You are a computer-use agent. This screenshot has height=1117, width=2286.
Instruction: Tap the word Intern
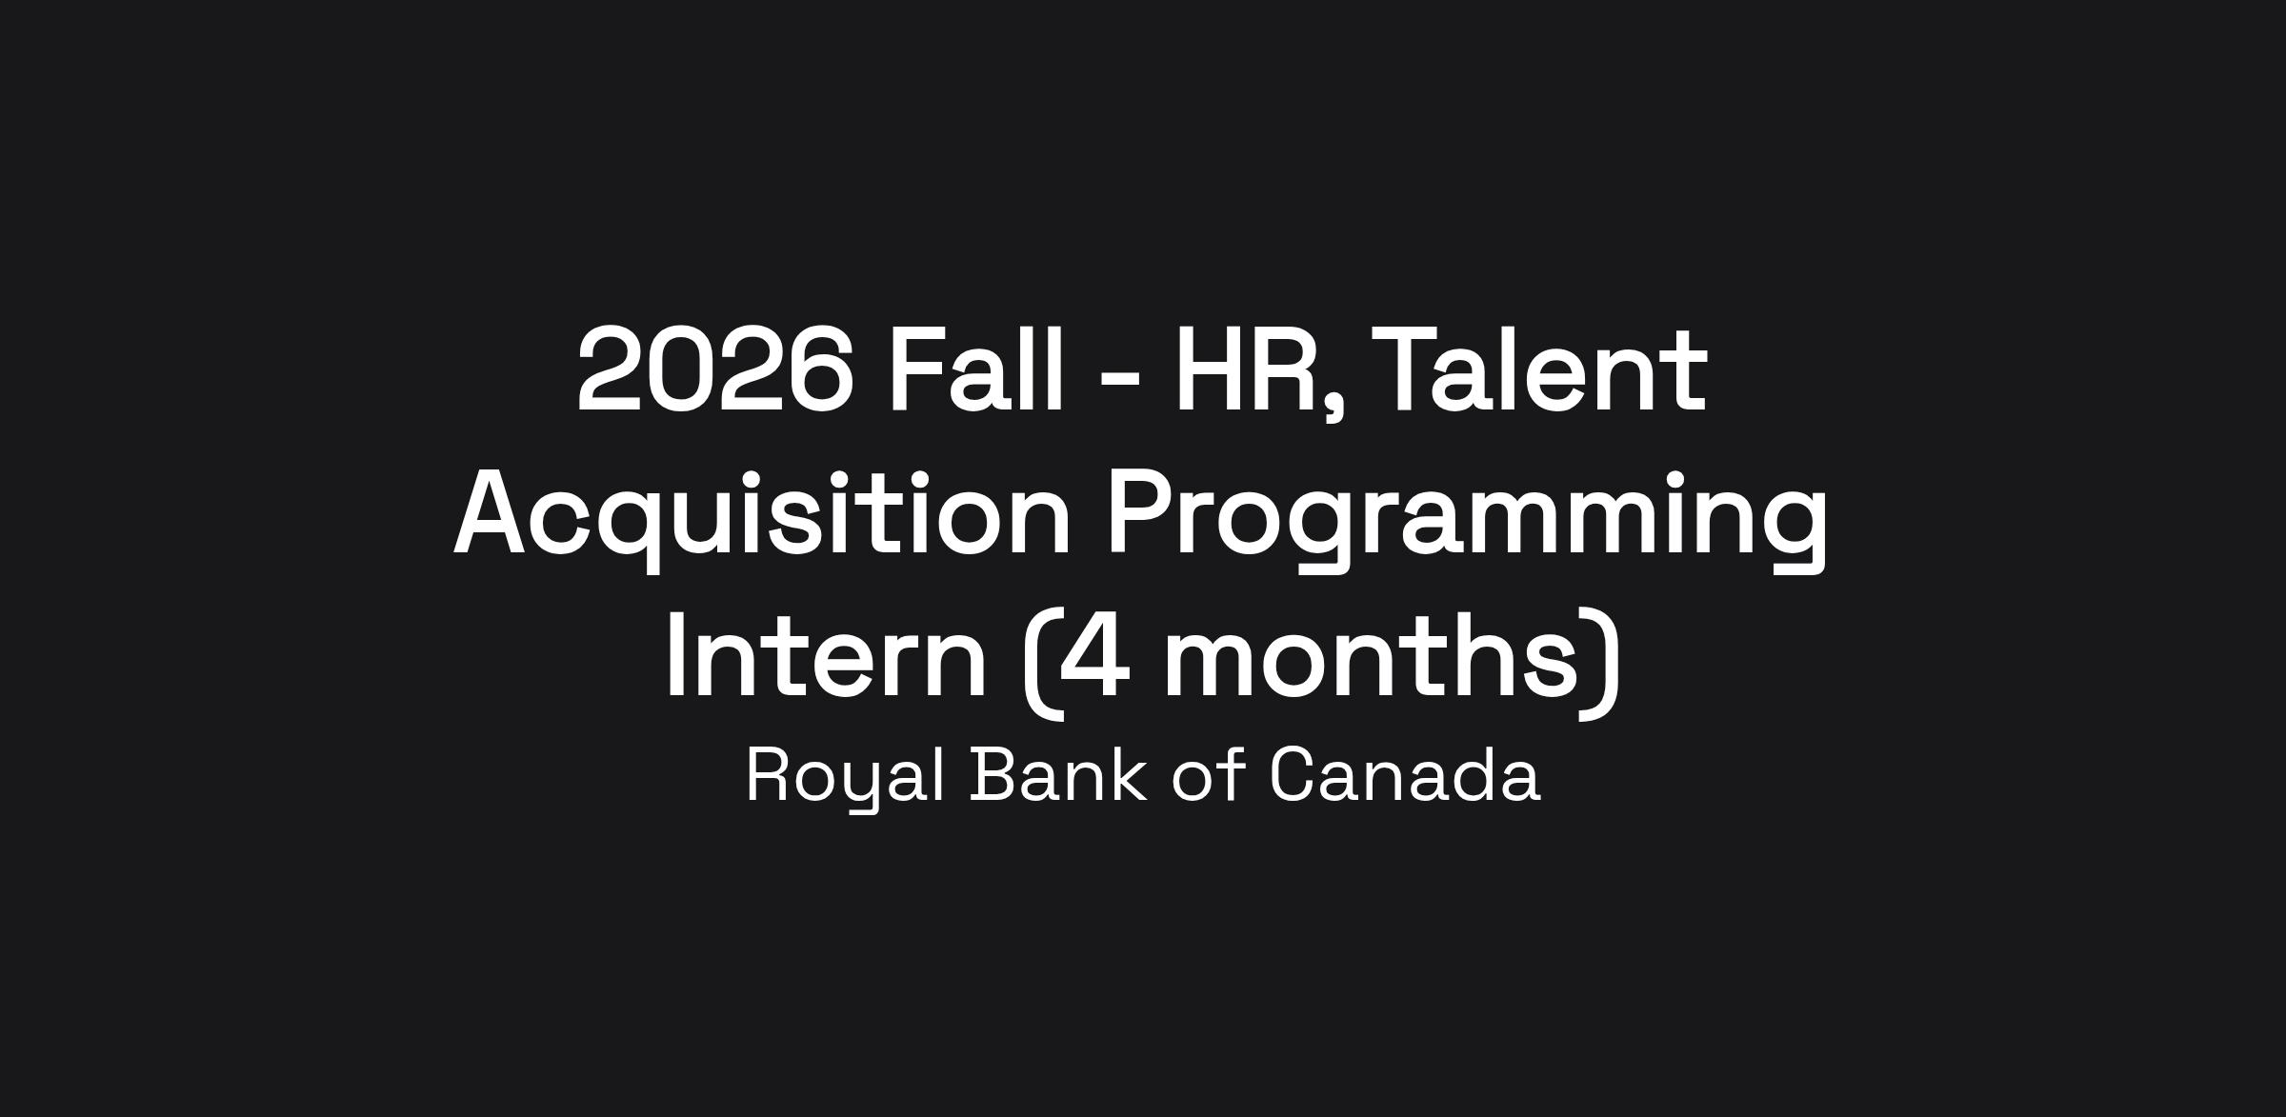826,657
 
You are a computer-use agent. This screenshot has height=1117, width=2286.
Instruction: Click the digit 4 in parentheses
1093,657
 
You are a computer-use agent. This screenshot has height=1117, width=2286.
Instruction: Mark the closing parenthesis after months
1600,664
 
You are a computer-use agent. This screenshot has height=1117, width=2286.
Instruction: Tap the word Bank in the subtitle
1058,774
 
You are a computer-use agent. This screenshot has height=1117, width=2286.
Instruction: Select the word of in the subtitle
1208,774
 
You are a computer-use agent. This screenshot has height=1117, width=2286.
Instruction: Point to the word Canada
1405,774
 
